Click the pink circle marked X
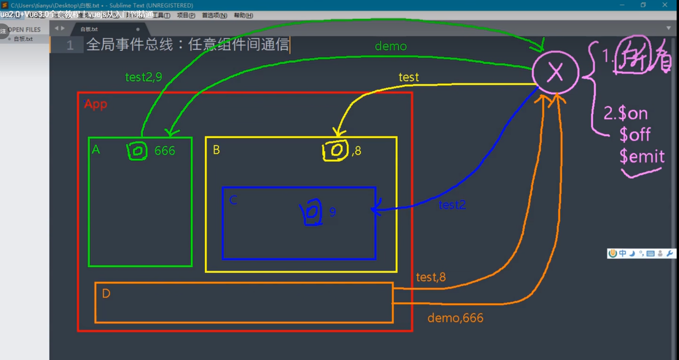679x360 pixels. (555, 72)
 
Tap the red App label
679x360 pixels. (96, 104)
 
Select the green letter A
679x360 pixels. (96, 149)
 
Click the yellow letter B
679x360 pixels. (216, 150)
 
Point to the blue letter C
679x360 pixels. (233, 200)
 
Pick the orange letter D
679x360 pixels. (106, 293)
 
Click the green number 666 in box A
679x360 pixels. (164, 151)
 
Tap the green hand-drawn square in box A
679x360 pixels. (137, 151)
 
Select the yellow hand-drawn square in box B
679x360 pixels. (335, 150)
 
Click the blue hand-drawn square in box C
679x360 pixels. (312, 212)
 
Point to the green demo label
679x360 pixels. (390, 46)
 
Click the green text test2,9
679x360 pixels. (143, 77)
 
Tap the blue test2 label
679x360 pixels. (452, 205)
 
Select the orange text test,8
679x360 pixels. (430, 277)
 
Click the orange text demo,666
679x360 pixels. (455, 318)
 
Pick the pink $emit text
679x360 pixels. (642, 157)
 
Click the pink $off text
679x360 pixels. (635, 135)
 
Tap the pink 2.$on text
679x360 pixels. (625, 113)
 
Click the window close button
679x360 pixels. (665, 5)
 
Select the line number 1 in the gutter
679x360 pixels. (70, 45)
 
